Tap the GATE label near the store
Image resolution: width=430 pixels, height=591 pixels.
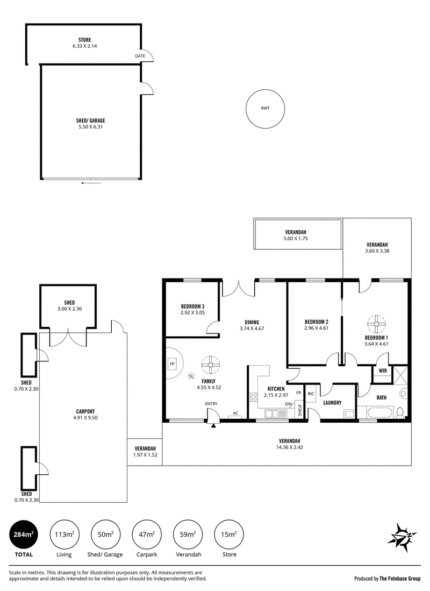pyautogui.click(x=140, y=56)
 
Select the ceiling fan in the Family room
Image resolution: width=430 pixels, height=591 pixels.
pyautogui.click(x=210, y=365)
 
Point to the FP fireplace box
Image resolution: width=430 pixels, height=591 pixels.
pyautogui.click(x=172, y=364)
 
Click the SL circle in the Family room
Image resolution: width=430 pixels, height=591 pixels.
pyautogui.click(x=191, y=376)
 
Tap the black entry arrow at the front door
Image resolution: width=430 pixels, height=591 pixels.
pyautogui.click(x=214, y=425)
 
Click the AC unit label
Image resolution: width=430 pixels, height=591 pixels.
pyautogui.click(x=235, y=413)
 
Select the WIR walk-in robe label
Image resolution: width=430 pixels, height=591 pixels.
pyautogui.click(x=383, y=371)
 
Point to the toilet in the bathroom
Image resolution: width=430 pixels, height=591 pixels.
pyautogui.click(x=400, y=411)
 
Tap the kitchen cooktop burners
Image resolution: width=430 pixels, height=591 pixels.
pyautogui.click(x=253, y=396)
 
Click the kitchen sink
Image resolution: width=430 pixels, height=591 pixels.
pyautogui.click(x=276, y=414)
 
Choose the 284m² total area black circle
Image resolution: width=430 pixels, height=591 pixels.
pyautogui.click(x=23, y=535)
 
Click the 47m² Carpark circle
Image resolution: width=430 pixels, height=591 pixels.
pyautogui.click(x=147, y=535)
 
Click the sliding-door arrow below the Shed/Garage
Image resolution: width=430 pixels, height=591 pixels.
pyautogui.click(x=91, y=183)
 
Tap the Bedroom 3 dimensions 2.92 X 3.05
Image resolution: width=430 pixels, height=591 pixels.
pyautogui.click(x=192, y=312)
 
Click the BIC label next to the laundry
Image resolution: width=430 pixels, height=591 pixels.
pyautogui.click(x=311, y=394)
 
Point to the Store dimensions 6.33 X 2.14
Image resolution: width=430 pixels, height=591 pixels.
pyautogui.click(x=85, y=46)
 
